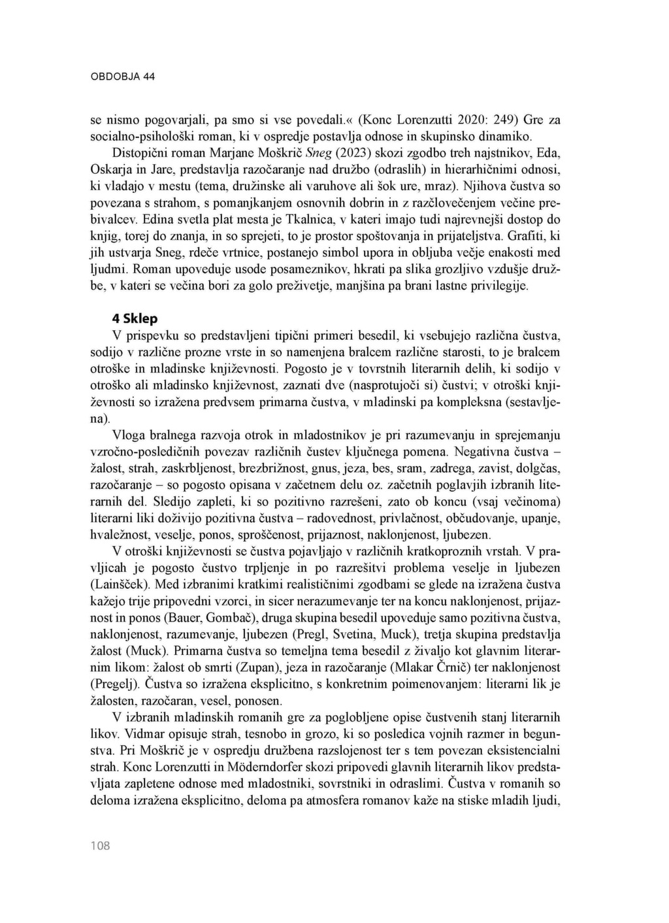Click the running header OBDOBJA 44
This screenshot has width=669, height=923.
point(122,76)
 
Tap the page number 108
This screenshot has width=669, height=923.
point(100,846)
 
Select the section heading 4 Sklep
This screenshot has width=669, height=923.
point(135,319)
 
